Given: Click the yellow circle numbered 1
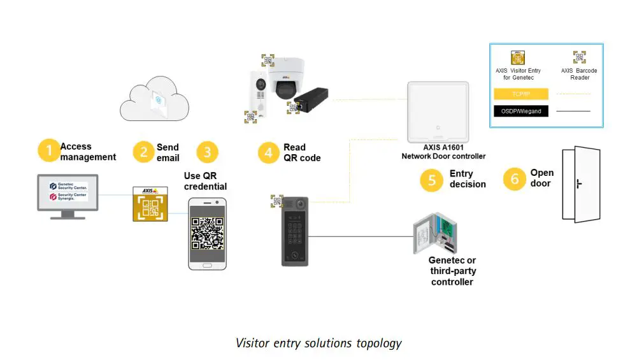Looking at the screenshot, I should tap(48, 151).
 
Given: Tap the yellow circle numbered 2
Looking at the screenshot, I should tap(144, 152).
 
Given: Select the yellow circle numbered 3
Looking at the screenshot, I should tap(207, 152).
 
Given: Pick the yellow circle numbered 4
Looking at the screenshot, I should tap(269, 152).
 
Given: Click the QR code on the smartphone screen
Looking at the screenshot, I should tap(208, 233).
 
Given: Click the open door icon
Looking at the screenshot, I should tap(580, 185).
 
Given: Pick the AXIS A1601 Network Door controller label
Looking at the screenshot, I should tap(443, 152).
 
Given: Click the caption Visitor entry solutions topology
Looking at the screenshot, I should tap(319, 343).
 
